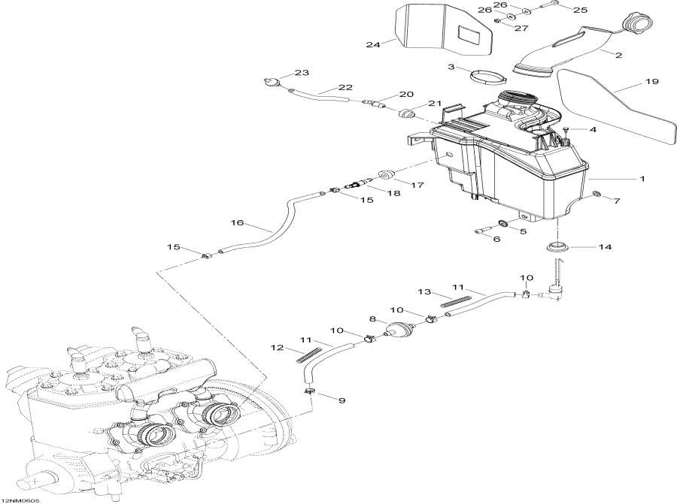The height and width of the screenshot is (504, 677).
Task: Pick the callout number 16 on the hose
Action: coord(238,224)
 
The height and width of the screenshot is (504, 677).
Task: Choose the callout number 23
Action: coord(302,73)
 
